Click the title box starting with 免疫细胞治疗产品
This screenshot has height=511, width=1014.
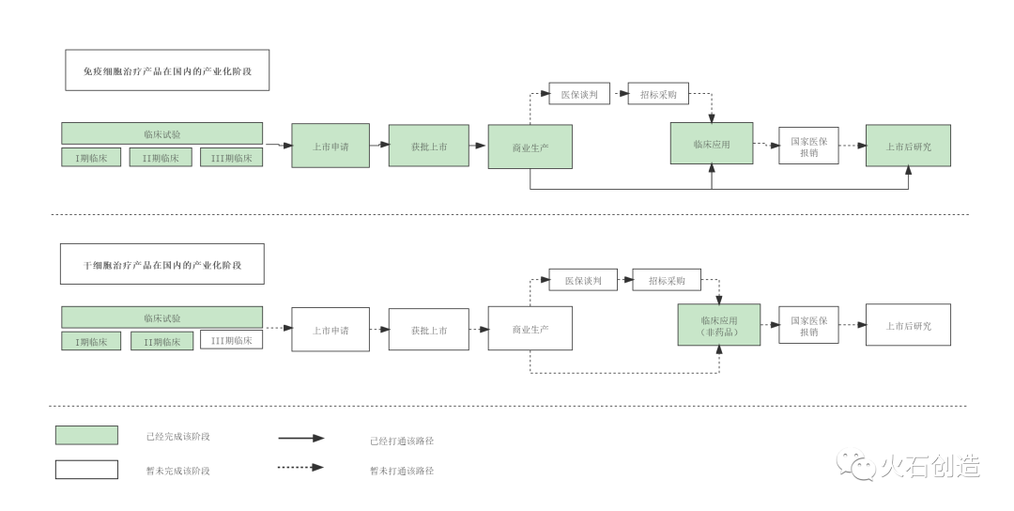[x=167, y=70]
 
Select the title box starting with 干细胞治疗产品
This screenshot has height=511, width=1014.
[x=161, y=264]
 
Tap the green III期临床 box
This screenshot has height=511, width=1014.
[x=231, y=158]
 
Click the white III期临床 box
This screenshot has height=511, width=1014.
[x=231, y=340]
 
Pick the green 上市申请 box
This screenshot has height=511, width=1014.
[x=330, y=146]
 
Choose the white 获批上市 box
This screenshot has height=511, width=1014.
[x=428, y=330]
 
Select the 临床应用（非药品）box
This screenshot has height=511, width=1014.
[x=719, y=325]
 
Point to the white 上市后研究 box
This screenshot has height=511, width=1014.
[x=908, y=325]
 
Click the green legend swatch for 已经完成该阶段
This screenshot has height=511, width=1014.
[x=86, y=435]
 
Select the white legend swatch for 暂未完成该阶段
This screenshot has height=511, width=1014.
[x=86, y=469]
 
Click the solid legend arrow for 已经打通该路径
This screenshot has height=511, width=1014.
[x=300, y=438]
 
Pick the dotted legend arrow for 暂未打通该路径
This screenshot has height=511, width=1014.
[x=300, y=467]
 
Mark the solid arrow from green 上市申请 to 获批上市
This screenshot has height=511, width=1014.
[x=379, y=146]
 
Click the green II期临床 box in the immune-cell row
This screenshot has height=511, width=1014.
[x=161, y=158]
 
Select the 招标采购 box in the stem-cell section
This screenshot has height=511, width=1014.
[x=666, y=280]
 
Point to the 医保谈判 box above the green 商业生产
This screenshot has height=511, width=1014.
[x=579, y=94]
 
